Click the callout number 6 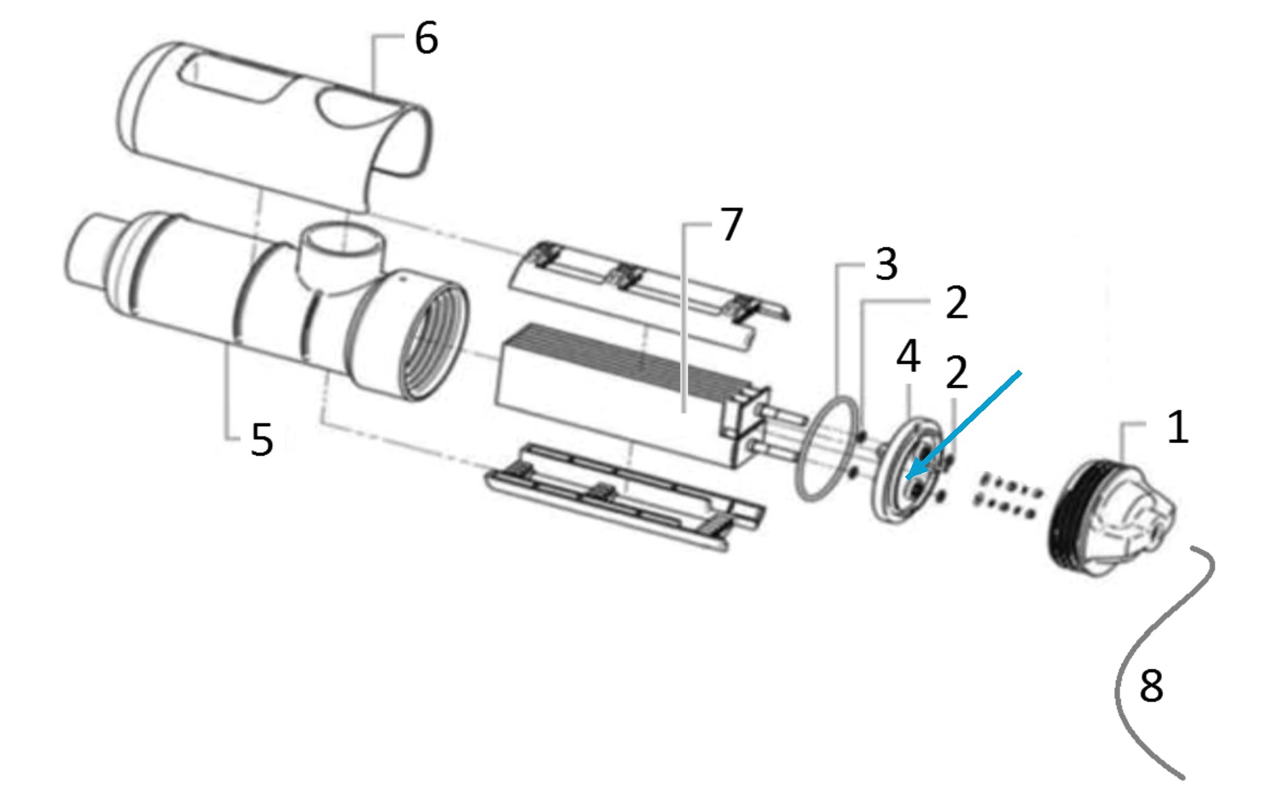point(426,38)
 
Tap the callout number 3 point(887,264)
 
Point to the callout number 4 point(908,356)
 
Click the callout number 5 point(262,439)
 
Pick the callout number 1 point(1178,427)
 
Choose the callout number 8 point(1151,686)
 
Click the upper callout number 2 point(957,302)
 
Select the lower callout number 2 point(957,372)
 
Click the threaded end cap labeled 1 point(1112,518)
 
